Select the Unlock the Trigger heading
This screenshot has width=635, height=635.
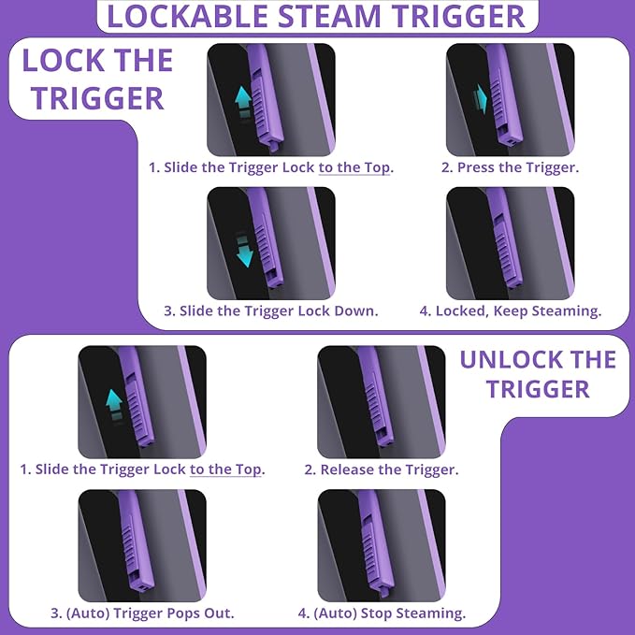[538, 374]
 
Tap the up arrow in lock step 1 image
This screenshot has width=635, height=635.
[241, 99]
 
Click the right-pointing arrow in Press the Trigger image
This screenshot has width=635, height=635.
[482, 96]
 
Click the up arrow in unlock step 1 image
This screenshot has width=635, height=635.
[113, 402]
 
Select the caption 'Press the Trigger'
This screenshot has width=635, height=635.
[510, 167]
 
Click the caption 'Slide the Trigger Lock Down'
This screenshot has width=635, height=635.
[271, 310]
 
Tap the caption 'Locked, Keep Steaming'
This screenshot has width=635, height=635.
[511, 310]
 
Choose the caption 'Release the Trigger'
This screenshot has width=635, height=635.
[381, 469]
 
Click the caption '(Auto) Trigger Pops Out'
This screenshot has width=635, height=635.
[142, 613]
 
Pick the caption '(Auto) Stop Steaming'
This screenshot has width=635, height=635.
[382, 613]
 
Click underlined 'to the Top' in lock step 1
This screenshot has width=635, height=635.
[354, 167]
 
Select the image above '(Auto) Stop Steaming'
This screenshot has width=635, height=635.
[382, 545]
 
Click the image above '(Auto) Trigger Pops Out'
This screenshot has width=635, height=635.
[142, 545]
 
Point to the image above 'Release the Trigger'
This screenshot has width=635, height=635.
[382, 402]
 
